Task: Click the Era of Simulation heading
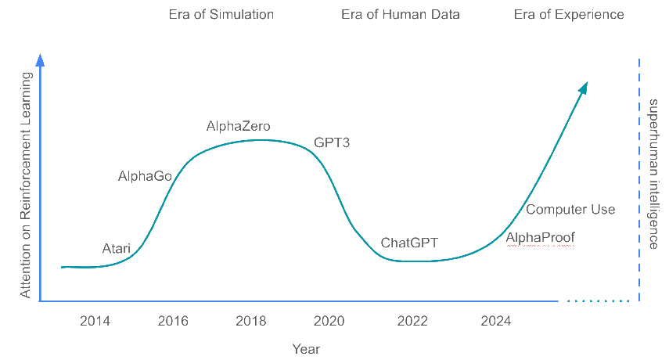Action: tap(221, 15)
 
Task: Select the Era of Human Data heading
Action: tap(401, 15)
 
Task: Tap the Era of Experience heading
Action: tap(569, 15)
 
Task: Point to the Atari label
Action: tap(117, 249)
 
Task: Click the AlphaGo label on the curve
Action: tap(145, 176)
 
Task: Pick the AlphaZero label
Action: tap(239, 126)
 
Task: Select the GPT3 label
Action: tap(333, 143)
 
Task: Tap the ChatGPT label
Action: tap(408, 243)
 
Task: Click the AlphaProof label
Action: tap(541, 237)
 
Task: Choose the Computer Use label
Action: tap(570, 210)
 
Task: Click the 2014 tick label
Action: tap(95, 321)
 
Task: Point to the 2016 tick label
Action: tap(173, 321)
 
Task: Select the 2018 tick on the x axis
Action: tap(251, 321)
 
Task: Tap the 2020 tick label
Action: tap(329, 321)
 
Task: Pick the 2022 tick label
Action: tap(412, 321)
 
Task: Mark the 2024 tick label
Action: tap(496, 321)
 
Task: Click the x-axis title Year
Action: tap(305, 349)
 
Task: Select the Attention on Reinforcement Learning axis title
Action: tap(26, 185)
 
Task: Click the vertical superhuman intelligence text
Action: tap(654, 174)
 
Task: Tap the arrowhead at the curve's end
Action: tap(583, 88)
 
